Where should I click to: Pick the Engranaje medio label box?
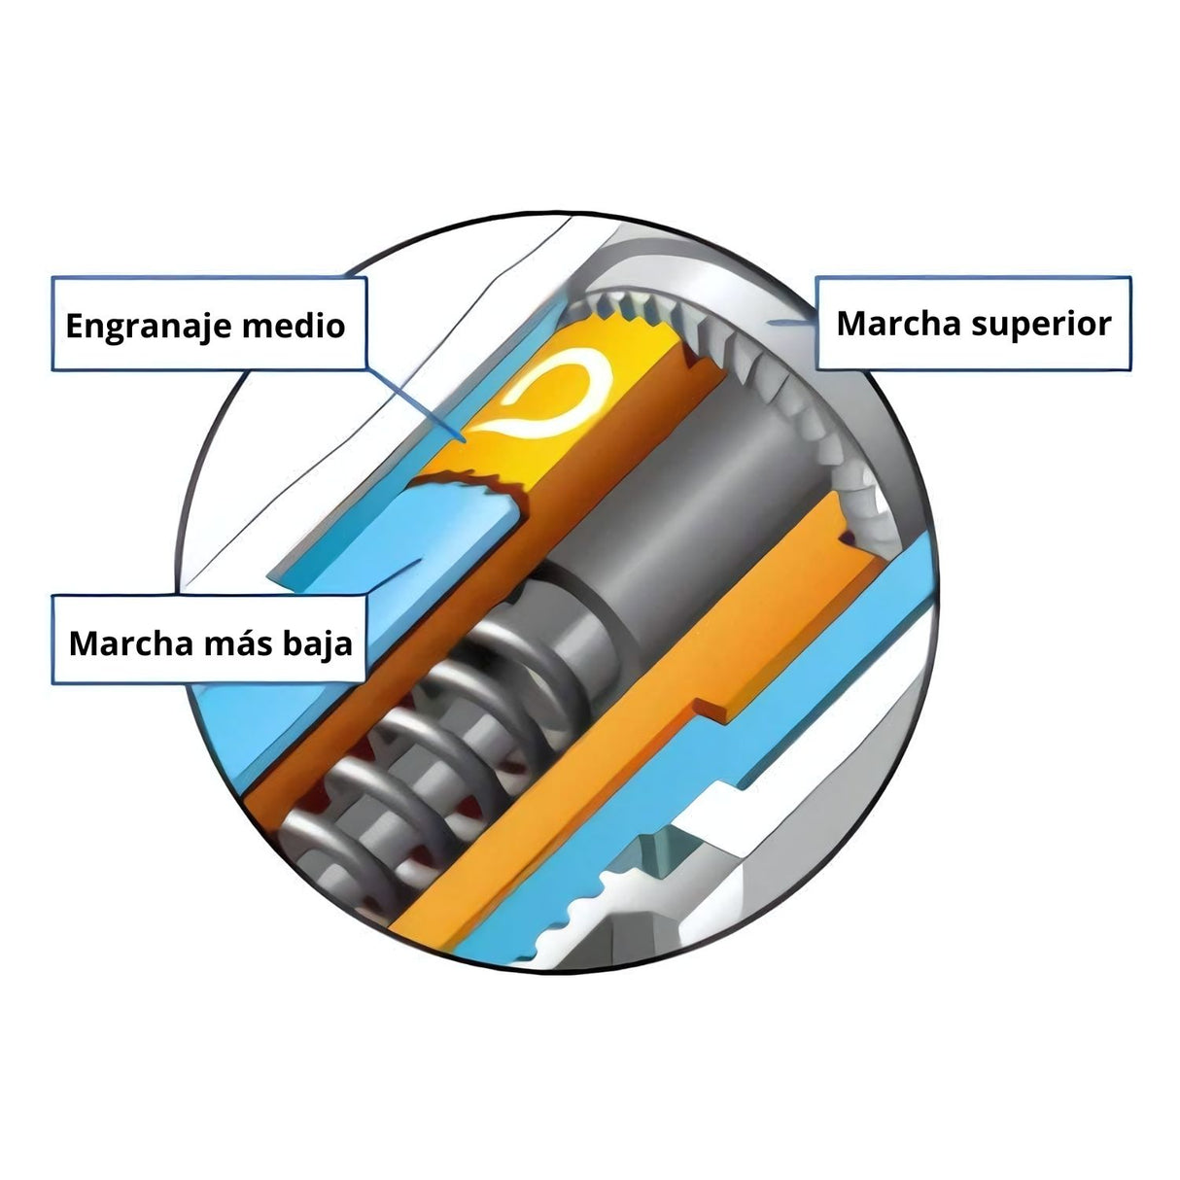(209, 324)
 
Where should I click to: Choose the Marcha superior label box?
(973, 323)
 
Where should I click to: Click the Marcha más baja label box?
(209, 642)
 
